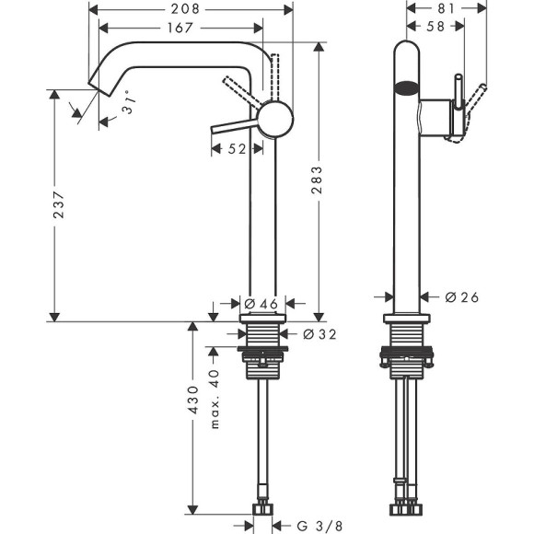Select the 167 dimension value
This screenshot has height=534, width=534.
pyautogui.click(x=180, y=28)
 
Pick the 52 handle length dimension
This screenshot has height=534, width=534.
pyautogui.click(x=236, y=149)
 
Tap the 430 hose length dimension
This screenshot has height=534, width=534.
pyautogui.click(x=193, y=403)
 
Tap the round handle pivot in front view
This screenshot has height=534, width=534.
pyautogui.click(x=275, y=120)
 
